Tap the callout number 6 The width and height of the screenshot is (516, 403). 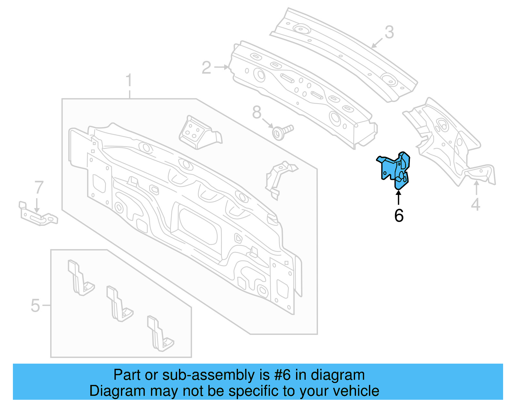(x=399, y=216)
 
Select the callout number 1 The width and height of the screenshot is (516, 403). (x=129, y=80)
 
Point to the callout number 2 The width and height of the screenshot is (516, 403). (x=206, y=68)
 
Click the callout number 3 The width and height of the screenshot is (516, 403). (x=389, y=33)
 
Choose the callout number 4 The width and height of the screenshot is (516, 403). (x=476, y=205)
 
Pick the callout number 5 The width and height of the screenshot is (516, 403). (x=35, y=305)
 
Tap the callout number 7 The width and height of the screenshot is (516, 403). (x=39, y=187)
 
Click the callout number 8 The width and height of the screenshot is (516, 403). (x=257, y=113)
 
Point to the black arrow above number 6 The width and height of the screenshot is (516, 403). (x=399, y=197)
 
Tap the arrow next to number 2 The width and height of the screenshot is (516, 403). (x=222, y=67)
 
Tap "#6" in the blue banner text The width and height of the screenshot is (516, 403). (x=283, y=375)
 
